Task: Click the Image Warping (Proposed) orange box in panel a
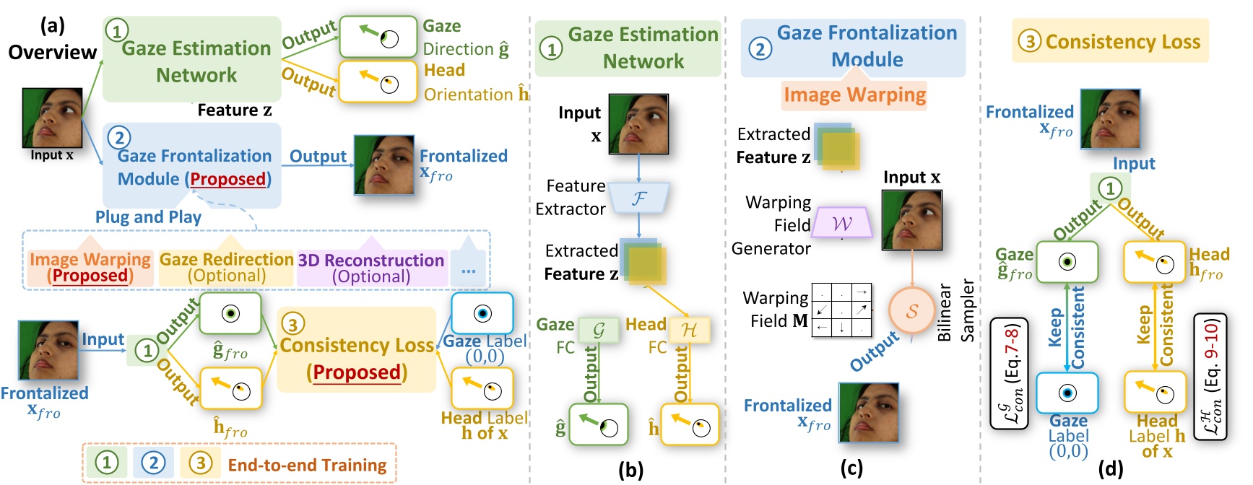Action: point(90,268)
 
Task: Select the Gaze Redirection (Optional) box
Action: point(226,268)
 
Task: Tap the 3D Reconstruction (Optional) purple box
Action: point(370,268)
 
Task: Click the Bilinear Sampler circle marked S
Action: point(911,311)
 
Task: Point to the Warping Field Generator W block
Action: point(842,223)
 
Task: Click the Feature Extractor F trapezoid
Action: point(638,198)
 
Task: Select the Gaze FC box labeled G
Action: point(599,330)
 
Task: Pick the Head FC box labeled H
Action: point(689,330)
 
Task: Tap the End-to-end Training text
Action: point(307,466)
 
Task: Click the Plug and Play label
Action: point(148,217)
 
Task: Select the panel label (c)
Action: point(851,468)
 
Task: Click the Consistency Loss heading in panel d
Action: point(1110,42)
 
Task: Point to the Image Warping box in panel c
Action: point(854,95)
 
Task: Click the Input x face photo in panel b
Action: point(638,124)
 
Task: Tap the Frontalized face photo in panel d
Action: point(1110,119)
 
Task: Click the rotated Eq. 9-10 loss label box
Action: point(1210,376)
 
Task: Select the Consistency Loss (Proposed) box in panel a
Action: point(356,350)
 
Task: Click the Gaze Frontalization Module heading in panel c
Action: point(853,47)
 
